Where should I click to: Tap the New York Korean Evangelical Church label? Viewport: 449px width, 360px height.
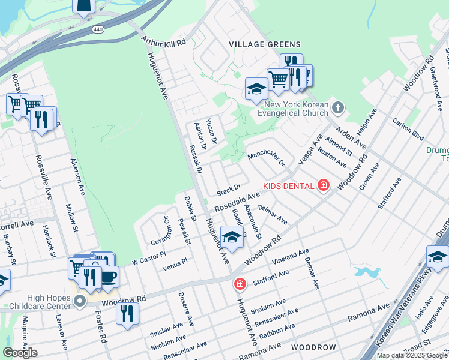293,109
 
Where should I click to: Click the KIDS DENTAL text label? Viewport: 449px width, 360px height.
288,185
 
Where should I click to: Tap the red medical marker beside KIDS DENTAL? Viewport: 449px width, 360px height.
324,185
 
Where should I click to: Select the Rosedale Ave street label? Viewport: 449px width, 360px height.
237,202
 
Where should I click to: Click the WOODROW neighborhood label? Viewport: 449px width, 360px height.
313,347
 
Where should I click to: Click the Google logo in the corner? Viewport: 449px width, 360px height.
20,353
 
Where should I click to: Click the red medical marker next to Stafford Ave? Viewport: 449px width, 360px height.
240,283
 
